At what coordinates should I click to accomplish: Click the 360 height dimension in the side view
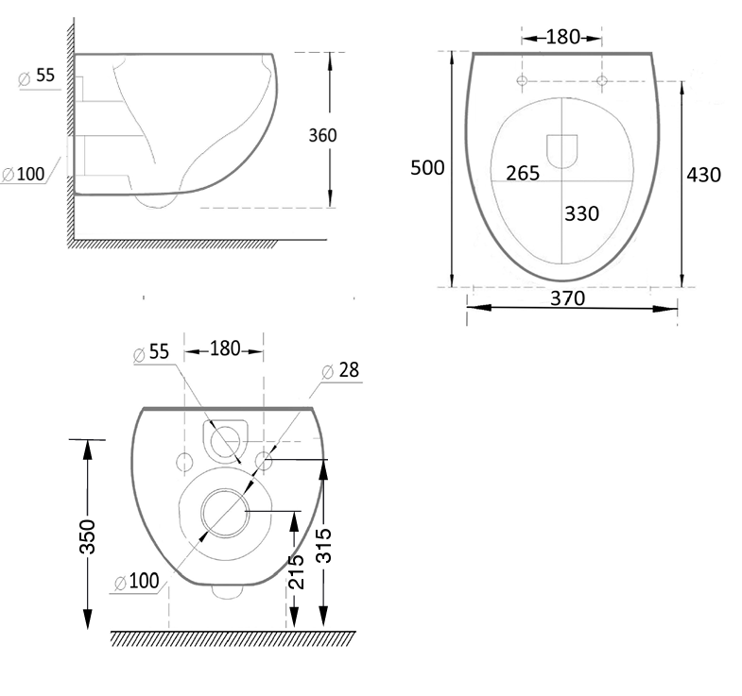tap(322, 134)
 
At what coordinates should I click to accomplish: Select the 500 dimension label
tap(427, 167)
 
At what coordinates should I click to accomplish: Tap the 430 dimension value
tap(704, 174)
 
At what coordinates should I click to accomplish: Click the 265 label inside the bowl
tap(522, 173)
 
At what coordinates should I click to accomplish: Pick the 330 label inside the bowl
tap(581, 213)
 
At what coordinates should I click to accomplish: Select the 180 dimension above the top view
tap(561, 38)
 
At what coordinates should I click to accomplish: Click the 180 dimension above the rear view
tap(224, 349)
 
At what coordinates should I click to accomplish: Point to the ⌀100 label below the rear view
tap(136, 582)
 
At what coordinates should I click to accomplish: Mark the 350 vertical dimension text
tap(88, 537)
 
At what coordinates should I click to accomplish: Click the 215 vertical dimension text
tap(296, 571)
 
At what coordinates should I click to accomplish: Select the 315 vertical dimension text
tap(324, 545)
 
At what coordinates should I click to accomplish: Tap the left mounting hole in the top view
tap(522, 82)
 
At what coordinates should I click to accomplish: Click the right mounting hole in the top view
tap(601, 82)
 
